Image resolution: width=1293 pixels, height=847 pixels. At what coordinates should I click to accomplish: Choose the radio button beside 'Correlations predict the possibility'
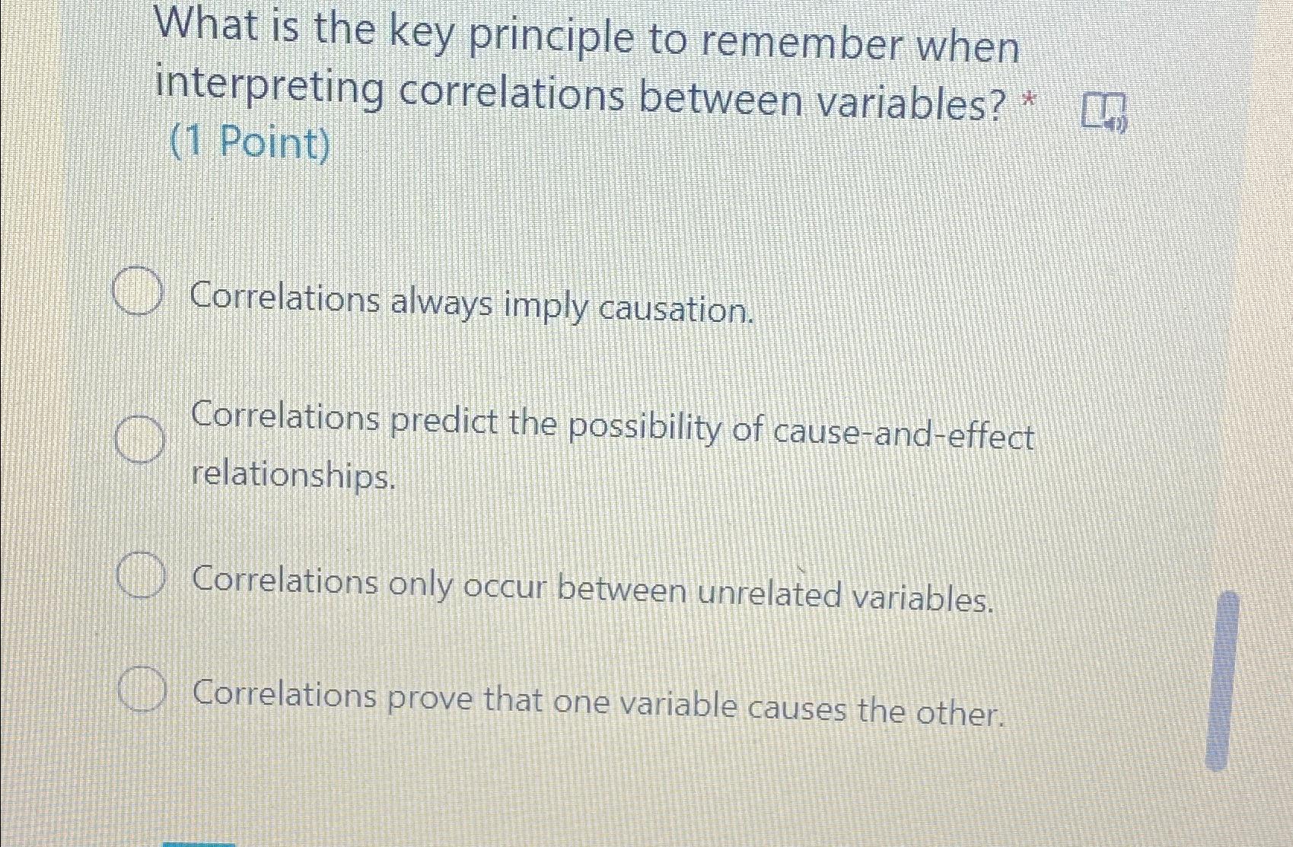pyautogui.click(x=139, y=440)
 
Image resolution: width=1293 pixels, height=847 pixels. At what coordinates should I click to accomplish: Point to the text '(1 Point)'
pyautogui.click(x=250, y=143)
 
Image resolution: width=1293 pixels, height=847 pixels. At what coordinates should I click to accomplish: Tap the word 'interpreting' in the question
pyautogui.click(x=270, y=89)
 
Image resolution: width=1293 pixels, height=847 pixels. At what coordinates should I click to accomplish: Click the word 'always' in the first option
pyautogui.click(x=441, y=303)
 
